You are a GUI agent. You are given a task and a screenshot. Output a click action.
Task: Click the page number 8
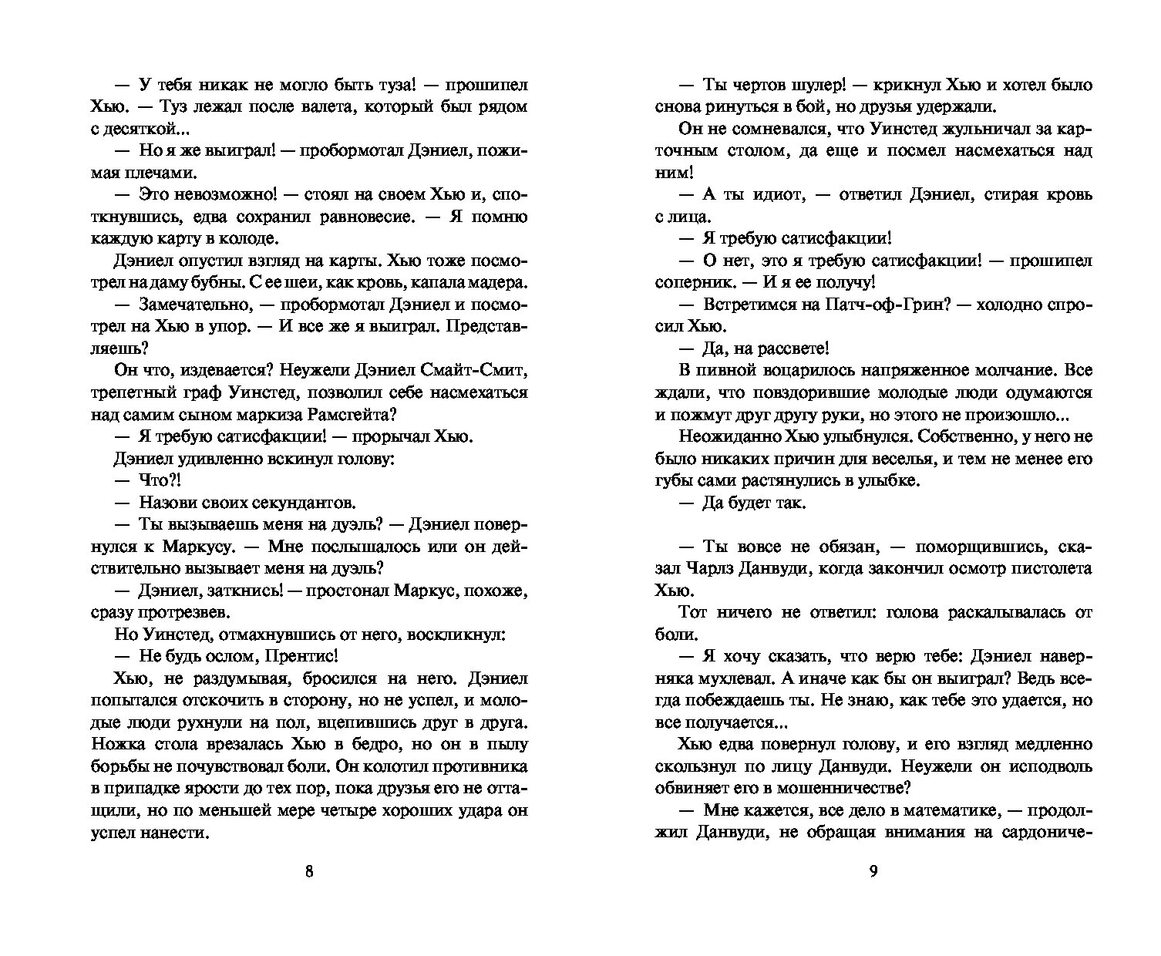click(x=309, y=872)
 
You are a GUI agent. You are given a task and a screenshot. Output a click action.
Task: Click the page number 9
click(x=873, y=872)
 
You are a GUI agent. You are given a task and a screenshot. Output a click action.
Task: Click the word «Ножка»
click(x=115, y=745)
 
